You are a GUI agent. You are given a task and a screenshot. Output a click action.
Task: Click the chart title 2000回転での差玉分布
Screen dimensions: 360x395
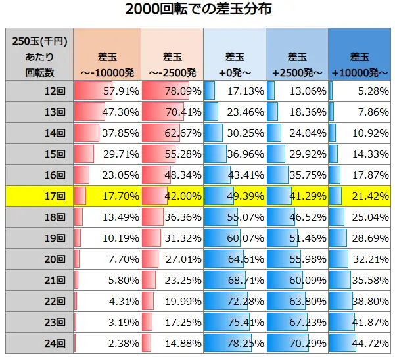(197, 10)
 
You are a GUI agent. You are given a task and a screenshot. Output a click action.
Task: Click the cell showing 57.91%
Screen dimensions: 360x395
(106, 90)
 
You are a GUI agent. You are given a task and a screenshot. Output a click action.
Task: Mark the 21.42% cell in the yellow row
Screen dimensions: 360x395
(360, 195)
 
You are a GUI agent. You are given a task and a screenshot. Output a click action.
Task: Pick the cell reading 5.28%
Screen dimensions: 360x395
(360, 90)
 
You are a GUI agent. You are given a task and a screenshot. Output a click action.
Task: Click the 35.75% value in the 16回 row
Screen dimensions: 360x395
(297, 174)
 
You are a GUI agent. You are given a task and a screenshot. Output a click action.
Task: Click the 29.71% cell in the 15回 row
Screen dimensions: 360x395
(106, 153)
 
